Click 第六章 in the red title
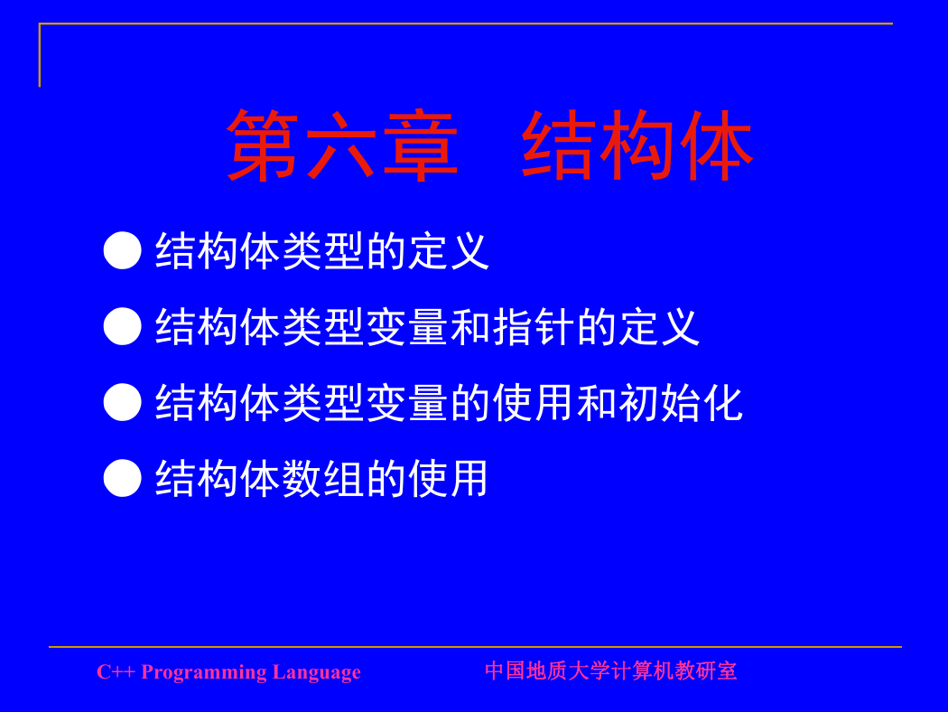tap(342, 145)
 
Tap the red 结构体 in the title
tap(637, 145)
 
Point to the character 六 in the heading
tap(342, 145)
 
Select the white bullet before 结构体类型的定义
tap(122, 250)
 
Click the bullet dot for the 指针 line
tap(122, 326)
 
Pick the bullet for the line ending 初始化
tap(122, 402)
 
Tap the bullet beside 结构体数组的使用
tap(122, 478)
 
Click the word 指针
tap(534, 327)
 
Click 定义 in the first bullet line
tap(449, 251)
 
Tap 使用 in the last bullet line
tap(449, 479)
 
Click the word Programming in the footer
tap(204, 672)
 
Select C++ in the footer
tap(116, 672)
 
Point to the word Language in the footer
tap(316, 672)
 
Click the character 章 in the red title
tap(421, 145)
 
